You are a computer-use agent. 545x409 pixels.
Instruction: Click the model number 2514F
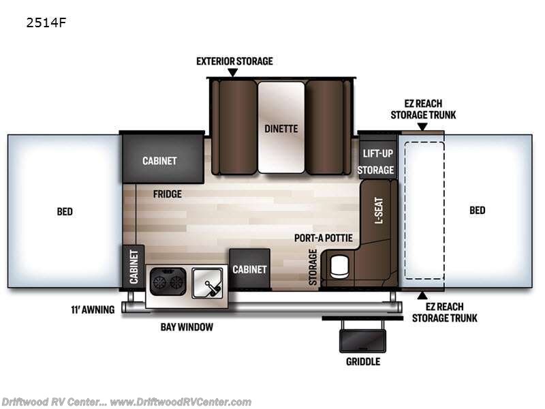coord(46,22)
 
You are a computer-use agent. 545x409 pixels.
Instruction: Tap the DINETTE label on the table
coord(281,129)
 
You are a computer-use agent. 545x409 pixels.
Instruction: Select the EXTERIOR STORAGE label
coord(234,61)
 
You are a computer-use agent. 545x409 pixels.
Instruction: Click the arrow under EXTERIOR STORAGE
coord(233,72)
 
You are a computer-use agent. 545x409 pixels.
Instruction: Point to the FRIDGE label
coord(167,194)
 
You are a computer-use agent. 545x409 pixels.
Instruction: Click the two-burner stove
coord(168,282)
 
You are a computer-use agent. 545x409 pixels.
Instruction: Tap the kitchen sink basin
coord(208,283)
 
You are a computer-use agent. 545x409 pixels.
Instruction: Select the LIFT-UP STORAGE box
coord(377,160)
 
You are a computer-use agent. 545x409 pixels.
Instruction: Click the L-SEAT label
coord(379,211)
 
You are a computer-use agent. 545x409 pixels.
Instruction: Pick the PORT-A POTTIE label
coord(323,238)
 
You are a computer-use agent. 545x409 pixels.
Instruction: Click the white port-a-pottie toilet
coord(339,267)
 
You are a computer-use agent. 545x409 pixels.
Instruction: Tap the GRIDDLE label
coord(363,362)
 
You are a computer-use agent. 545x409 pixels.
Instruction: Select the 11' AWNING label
coord(93,309)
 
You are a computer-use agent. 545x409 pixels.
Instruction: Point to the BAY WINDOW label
coord(187,327)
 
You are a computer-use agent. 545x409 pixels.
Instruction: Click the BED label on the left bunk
coord(65,211)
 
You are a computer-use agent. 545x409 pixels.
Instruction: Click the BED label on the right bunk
coord(478,210)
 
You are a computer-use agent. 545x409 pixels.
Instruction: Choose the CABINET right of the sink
coord(250,269)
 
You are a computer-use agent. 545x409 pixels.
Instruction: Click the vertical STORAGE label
coord(313,267)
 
